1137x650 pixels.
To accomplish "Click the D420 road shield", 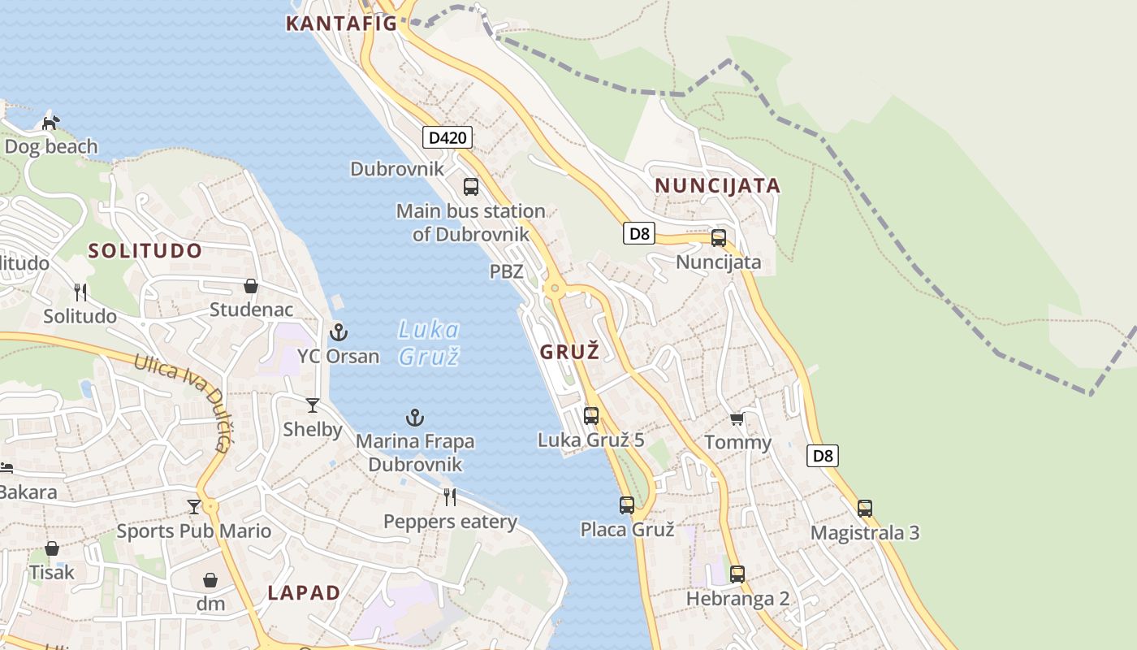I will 447,137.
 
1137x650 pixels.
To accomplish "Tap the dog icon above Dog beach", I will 51,123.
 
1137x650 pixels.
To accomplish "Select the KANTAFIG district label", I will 341,24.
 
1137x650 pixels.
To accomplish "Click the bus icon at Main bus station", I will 471,187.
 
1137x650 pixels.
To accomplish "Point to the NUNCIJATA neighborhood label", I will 717,186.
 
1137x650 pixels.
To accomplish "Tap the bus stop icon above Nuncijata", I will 719,238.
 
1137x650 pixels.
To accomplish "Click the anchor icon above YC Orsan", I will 338,331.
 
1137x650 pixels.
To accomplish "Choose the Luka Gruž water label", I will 429,342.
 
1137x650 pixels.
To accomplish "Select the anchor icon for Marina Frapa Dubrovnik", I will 415,418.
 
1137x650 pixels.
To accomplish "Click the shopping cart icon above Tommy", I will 737,418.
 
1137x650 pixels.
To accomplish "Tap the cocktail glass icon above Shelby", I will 313,405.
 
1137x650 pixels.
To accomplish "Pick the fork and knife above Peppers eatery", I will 450,496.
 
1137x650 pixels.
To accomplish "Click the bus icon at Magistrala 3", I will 865,509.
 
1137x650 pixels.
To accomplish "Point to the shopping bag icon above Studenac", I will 251,286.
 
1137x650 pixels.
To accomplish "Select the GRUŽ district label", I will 570,352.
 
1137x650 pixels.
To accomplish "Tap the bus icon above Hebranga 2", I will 737,574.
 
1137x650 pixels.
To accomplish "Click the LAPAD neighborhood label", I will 304,593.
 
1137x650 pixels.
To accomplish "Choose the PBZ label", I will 506,271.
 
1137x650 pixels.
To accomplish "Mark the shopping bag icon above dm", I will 210,580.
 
